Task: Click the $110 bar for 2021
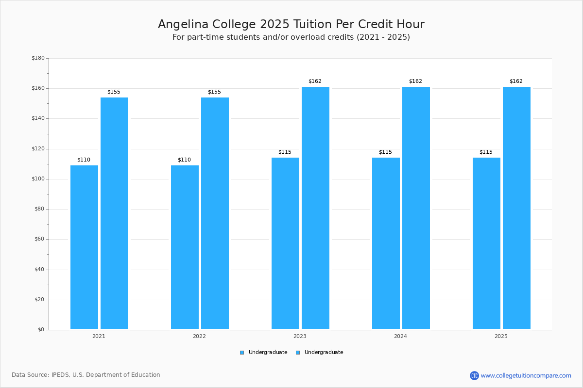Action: click(x=84, y=247)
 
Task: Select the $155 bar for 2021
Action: click(x=114, y=213)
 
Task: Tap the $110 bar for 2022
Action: click(x=185, y=247)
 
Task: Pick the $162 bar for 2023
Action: click(x=315, y=208)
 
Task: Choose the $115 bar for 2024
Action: click(x=386, y=243)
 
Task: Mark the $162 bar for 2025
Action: click(x=516, y=208)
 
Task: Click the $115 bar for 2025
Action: click(x=486, y=243)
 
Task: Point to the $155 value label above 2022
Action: click(x=214, y=92)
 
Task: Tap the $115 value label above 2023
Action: click(x=285, y=152)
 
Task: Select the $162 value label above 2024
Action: click(x=416, y=81)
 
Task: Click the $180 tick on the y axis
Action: click(x=38, y=58)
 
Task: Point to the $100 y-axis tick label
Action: click(x=38, y=179)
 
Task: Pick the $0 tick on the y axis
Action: click(x=41, y=330)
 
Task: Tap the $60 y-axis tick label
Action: click(x=39, y=239)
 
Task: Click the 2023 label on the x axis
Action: click(x=300, y=336)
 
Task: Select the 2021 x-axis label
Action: click(x=99, y=336)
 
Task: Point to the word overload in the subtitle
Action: click(x=307, y=37)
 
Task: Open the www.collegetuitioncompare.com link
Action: click(x=526, y=375)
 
